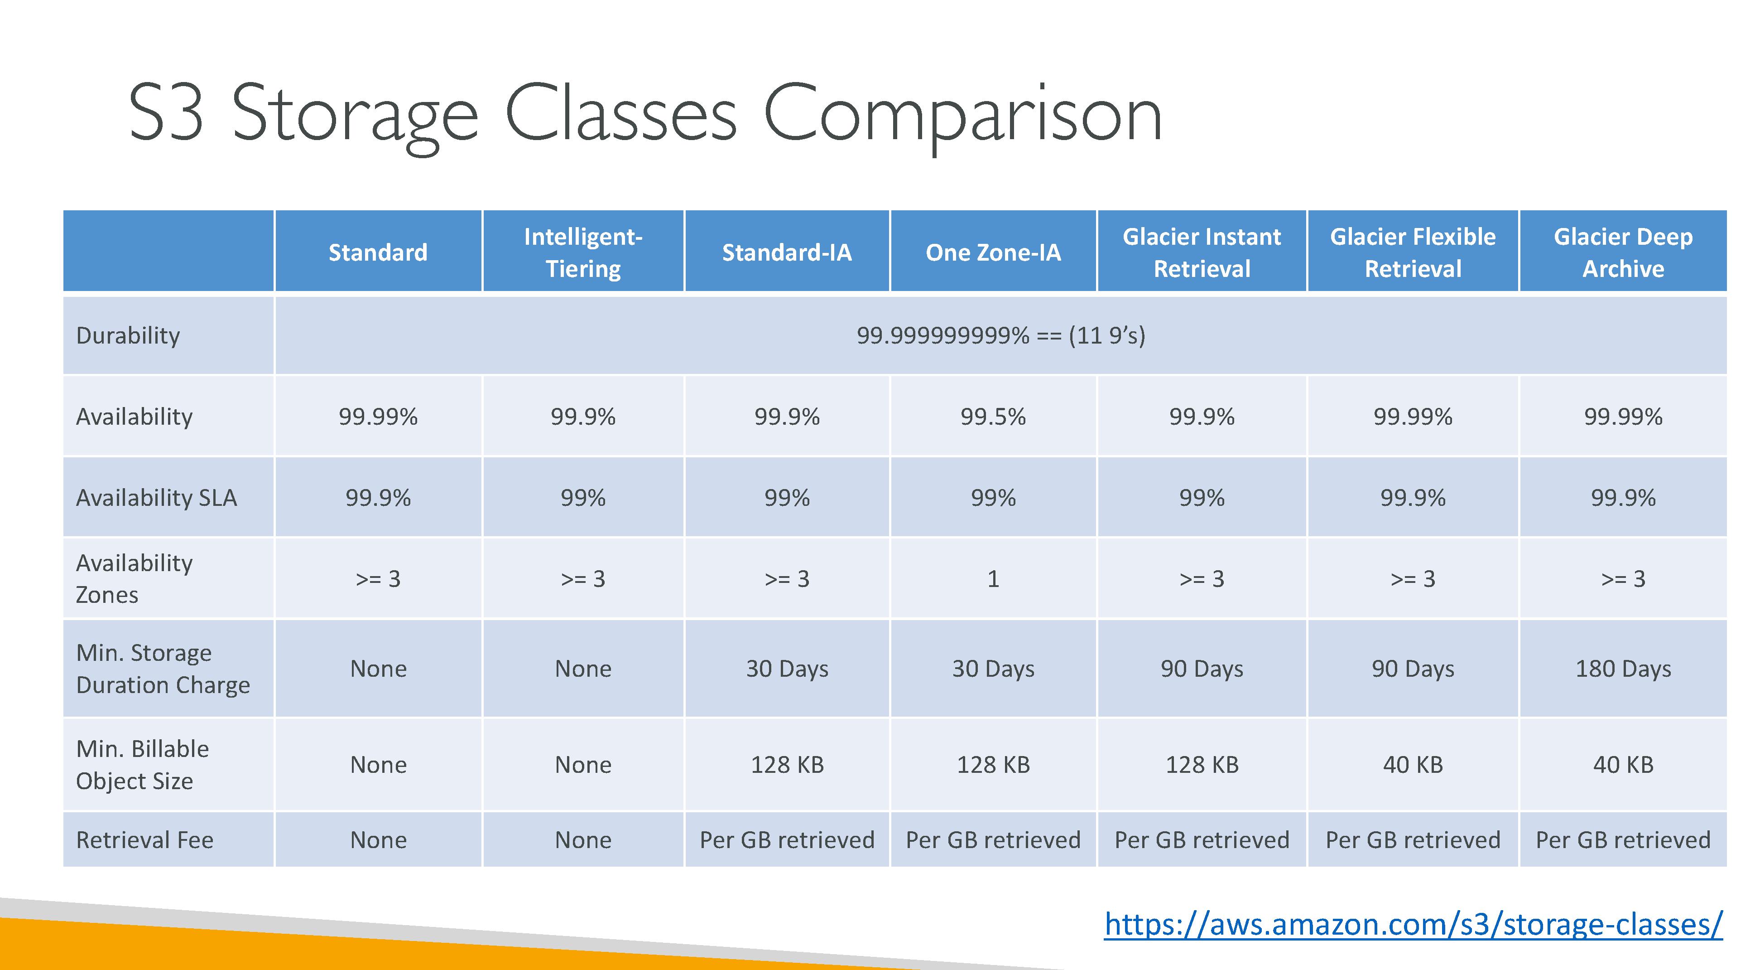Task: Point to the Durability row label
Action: pyautogui.click(x=128, y=335)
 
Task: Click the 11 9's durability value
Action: pyautogui.click(x=1001, y=335)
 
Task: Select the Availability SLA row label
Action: pyautogui.click(x=157, y=498)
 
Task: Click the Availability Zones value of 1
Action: pyautogui.click(x=993, y=579)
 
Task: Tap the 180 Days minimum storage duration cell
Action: pyautogui.click(x=1623, y=669)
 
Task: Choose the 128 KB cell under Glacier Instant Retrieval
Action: pyautogui.click(x=1202, y=765)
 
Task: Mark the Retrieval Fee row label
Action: pyautogui.click(x=144, y=840)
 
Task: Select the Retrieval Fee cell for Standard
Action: pyautogui.click(x=378, y=840)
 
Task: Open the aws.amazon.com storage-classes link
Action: pyautogui.click(x=1414, y=924)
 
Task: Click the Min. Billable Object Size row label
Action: pyautogui.click(x=142, y=765)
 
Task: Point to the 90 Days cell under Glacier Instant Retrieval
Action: pyautogui.click(x=1202, y=669)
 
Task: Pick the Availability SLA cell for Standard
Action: pyautogui.click(x=378, y=498)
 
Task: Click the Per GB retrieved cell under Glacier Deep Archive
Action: pyautogui.click(x=1623, y=840)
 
